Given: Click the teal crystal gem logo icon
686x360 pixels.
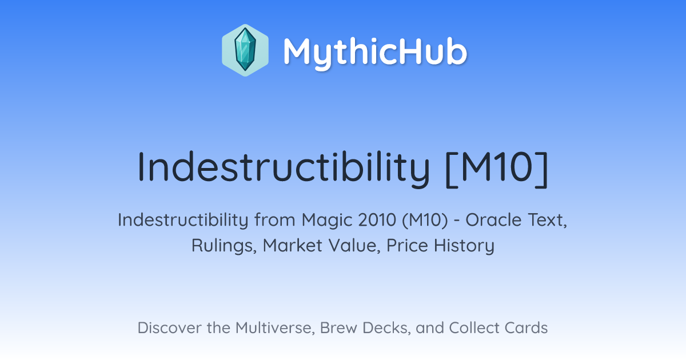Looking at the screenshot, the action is coord(245,50).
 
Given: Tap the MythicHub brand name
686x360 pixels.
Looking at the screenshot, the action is coord(375,52).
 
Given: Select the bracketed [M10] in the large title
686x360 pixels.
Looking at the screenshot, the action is coord(497,169).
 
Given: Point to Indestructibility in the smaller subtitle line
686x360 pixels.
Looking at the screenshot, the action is coord(183,220).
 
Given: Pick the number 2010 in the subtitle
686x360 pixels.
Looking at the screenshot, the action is coord(378,220).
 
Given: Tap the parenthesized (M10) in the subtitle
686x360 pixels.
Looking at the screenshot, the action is coord(425,221).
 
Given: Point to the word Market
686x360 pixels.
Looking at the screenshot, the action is coord(293,246).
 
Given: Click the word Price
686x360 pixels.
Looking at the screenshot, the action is coord(407,246).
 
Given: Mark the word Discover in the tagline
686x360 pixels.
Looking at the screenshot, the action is coord(170,328).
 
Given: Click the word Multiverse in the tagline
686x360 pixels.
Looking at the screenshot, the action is coord(274,328).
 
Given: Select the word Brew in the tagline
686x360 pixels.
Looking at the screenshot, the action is coord(338,328).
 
